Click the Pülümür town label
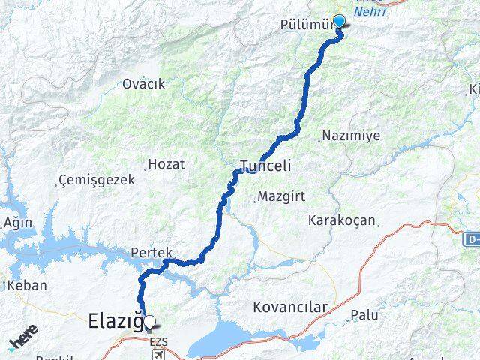[x=314, y=24]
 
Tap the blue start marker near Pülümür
[x=339, y=21]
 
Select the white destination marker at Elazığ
[x=150, y=323]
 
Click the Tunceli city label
[x=265, y=164]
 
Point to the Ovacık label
[x=143, y=84]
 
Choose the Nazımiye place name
[x=351, y=136]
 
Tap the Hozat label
[x=166, y=163]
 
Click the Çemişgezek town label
[x=97, y=180]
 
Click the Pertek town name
[x=151, y=253]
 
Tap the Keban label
[x=28, y=285]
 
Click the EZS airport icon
[x=157, y=353]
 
